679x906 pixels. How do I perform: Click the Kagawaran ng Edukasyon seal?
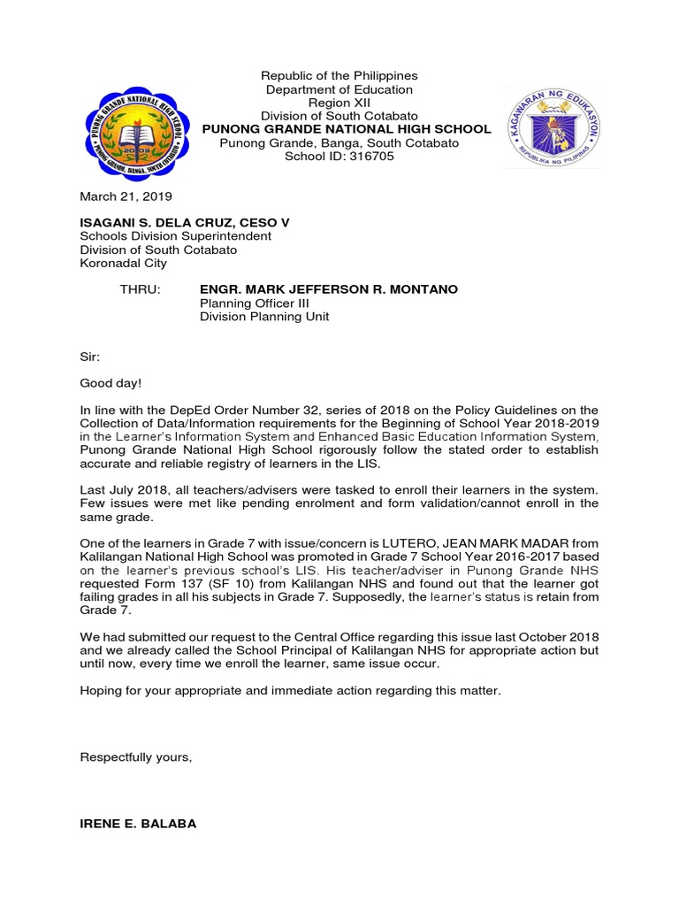pos(553,128)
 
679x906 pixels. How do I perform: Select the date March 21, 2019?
pos(126,196)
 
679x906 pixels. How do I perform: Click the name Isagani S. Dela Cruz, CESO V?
pos(185,223)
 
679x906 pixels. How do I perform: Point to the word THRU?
pos(140,289)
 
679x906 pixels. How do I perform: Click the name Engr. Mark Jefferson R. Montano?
pos(329,289)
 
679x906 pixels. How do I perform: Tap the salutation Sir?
pos(90,357)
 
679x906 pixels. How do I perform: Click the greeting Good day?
pos(110,383)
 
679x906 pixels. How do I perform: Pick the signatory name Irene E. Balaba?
pos(138,824)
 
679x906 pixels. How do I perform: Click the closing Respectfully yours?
pos(135,757)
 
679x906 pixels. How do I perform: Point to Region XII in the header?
pos(339,103)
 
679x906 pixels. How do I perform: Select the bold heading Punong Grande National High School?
pos(347,129)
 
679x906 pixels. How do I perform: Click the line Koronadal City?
pos(123,263)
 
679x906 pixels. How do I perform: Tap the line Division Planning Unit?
pos(263,317)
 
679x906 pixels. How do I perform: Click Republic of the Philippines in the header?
pos(339,76)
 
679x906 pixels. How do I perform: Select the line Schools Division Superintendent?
pos(175,236)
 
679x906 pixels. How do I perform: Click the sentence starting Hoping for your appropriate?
pos(290,690)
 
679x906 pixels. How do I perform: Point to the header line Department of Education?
pos(339,89)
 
